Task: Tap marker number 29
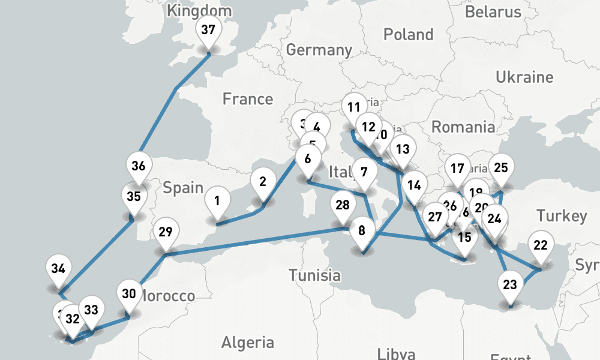166,232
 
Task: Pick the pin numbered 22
541,245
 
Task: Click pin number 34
58,268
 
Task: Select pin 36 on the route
139,166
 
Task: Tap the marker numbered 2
263,181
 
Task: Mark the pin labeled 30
128,293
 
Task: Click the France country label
247,99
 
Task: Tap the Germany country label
319,49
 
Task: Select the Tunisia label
314,276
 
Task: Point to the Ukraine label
524,77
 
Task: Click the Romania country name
463,127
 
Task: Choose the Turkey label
562,216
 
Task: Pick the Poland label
408,35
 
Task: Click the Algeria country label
247,343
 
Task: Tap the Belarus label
493,11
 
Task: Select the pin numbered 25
501,168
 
